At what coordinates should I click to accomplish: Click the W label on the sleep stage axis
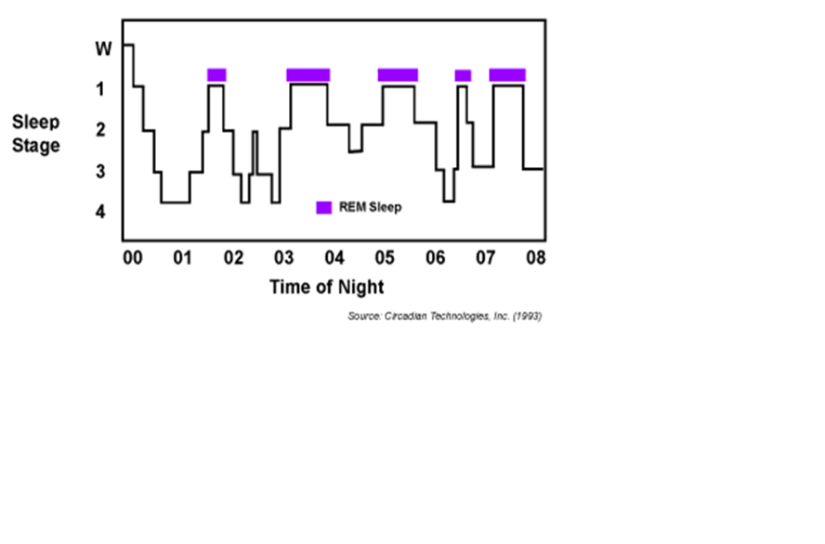[104, 48]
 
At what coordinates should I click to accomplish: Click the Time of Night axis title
[326, 286]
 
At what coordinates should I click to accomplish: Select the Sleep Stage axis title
[36, 134]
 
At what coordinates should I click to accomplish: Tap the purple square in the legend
[323, 207]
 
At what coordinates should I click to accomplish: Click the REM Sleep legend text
[371, 207]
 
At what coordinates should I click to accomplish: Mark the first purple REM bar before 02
[216, 75]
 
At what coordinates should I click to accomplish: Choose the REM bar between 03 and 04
[308, 75]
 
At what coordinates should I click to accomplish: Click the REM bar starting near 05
[398, 75]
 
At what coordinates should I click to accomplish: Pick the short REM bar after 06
[463, 75]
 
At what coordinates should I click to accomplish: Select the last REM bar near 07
[507, 75]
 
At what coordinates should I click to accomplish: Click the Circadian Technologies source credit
[445, 317]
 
